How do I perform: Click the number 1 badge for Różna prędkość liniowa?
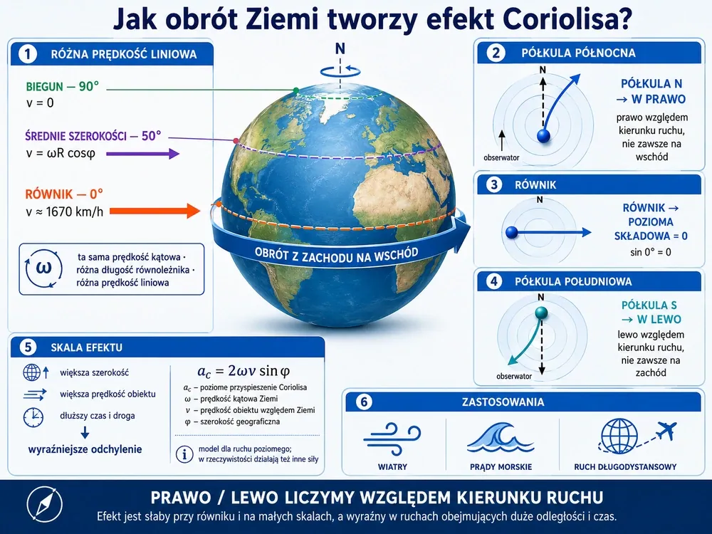click(x=27, y=55)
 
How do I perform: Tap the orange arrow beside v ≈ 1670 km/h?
click(x=155, y=211)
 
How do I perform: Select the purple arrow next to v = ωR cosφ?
click(x=142, y=154)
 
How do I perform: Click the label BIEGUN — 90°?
click(x=62, y=86)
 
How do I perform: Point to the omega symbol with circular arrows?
click(x=43, y=268)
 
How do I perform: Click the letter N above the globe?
click(x=340, y=48)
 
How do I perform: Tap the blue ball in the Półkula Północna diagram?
click(x=543, y=135)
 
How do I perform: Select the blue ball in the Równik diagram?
click(x=512, y=233)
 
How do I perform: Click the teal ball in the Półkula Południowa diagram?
click(x=541, y=313)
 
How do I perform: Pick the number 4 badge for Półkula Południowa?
click(x=494, y=281)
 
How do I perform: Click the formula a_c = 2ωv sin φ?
click(x=244, y=371)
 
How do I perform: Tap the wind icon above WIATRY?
click(x=392, y=439)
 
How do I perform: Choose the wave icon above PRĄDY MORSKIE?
click(x=501, y=437)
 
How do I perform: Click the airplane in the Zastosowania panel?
click(x=666, y=430)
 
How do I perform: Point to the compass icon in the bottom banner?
click(x=44, y=504)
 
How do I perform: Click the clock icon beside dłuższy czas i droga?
click(x=33, y=417)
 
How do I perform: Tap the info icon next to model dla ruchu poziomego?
click(x=184, y=454)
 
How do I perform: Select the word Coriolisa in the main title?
click(x=567, y=19)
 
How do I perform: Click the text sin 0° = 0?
click(x=650, y=252)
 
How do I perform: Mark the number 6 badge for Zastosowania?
click(x=364, y=402)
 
